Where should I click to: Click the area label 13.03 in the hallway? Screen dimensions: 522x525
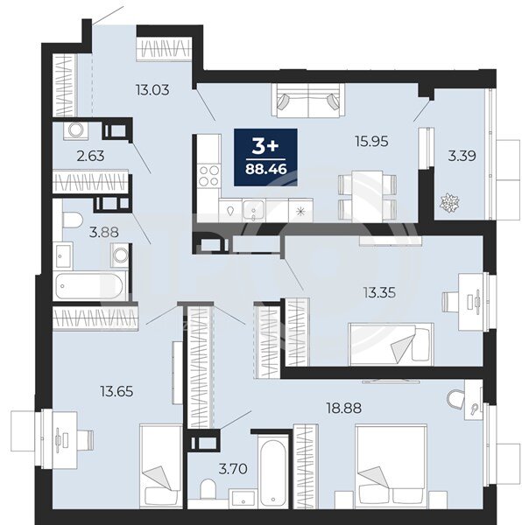pyautogui.click(x=152, y=90)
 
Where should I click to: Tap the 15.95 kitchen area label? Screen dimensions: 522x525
pyautogui.click(x=371, y=141)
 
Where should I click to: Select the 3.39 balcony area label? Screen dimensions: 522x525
pyautogui.click(x=462, y=156)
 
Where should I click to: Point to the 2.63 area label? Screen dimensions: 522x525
pyautogui.click(x=90, y=156)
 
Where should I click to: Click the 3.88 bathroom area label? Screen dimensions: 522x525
pyautogui.click(x=104, y=232)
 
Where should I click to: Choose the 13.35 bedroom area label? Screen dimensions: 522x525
pyautogui.click(x=379, y=293)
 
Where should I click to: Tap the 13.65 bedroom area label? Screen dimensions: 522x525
pyautogui.click(x=116, y=391)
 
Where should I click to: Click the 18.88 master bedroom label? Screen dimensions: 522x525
pyautogui.click(x=344, y=408)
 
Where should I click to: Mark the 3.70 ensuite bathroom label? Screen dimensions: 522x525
pyautogui.click(x=233, y=469)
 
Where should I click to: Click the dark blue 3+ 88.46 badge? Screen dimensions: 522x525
pyautogui.click(x=265, y=157)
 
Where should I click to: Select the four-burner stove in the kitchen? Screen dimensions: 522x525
pyautogui.click(x=209, y=176)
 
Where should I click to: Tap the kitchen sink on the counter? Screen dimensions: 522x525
pyautogui.click(x=254, y=211)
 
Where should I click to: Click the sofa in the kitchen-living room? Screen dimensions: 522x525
pyautogui.click(x=308, y=101)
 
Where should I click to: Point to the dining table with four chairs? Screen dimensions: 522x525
pyautogui.click(x=368, y=196)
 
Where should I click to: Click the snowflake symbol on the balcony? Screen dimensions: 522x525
pyautogui.click(x=449, y=203)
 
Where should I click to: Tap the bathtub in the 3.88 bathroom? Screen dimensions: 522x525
pyautogui.click(x=88, y=286)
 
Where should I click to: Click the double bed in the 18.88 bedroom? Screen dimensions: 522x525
pyautogui.click(x=391, y=467)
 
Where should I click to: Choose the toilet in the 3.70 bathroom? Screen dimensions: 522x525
pyautogui.click(x=208, y=489)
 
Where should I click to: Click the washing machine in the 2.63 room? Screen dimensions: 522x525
pyautogui.click(x=75, y=131)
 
